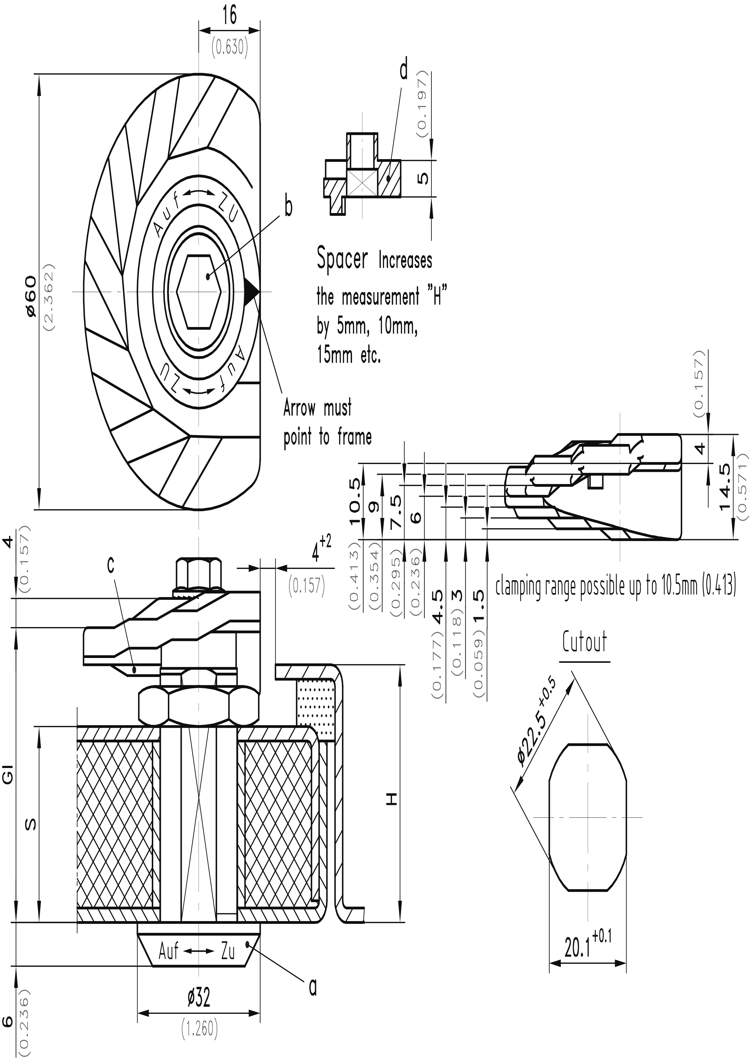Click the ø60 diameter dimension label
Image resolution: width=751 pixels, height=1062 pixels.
pos(31,296)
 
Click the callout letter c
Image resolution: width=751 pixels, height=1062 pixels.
pos(111,565)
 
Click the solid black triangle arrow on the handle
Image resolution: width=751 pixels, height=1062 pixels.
pos(252,291)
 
